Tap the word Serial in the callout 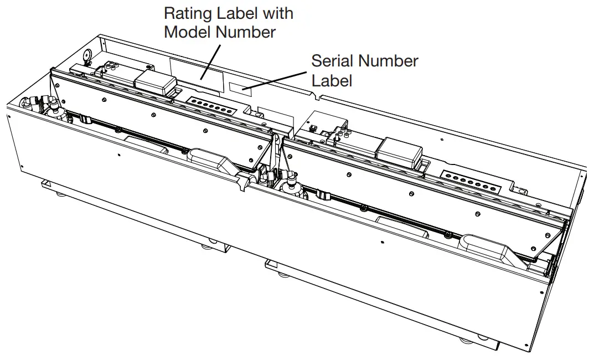point(333,60)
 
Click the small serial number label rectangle point(240,88)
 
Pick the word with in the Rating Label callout point(274,13)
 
